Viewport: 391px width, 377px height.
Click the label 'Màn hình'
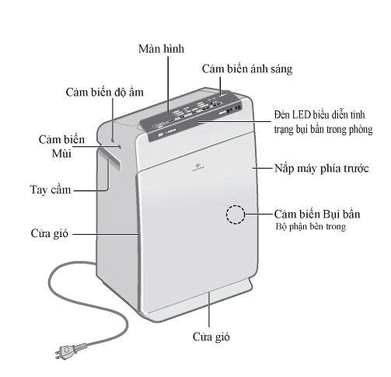point(161,49)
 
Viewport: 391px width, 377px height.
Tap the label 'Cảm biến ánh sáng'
point(247,69)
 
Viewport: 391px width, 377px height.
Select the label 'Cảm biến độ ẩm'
point(104,93)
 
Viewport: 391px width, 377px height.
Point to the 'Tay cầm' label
point(51,190)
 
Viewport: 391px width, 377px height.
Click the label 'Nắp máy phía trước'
point(322,169)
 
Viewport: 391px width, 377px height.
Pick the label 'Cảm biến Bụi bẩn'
point(317,215)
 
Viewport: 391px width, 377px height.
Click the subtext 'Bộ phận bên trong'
point(310,226)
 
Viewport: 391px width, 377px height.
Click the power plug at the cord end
point(68,351)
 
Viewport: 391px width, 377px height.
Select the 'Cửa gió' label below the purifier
point(211,337)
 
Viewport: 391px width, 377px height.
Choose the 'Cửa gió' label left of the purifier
point(49,233)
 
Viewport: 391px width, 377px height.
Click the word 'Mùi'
point(61,153)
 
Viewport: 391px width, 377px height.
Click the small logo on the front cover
point(198,166)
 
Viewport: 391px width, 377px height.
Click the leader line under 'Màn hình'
point(168,85)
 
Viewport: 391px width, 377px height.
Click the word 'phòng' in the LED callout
point(361,130)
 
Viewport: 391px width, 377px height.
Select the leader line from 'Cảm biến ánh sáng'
point(221,86)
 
